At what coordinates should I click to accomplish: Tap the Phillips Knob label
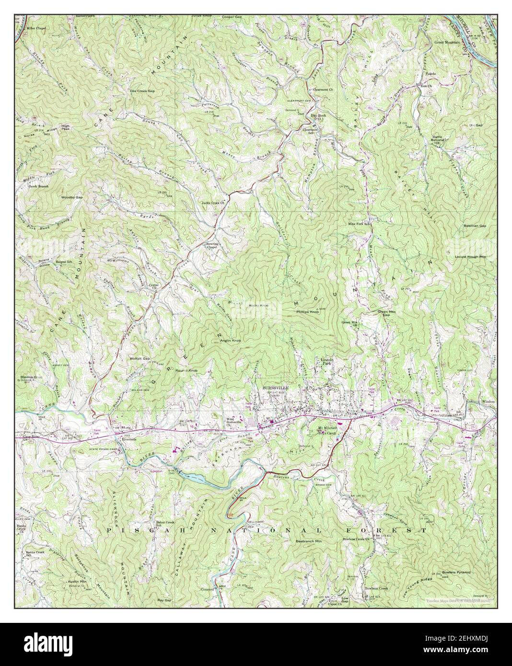click(x=308, y=312)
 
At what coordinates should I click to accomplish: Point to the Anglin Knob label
click(x=230, y=340)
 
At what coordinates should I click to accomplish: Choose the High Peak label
click(x=65, y=127)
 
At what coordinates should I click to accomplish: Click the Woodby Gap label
click(x=72, y=197)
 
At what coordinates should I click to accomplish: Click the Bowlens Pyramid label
click(x=456, y=572)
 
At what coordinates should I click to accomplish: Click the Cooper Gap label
click(x=232, y=17)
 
